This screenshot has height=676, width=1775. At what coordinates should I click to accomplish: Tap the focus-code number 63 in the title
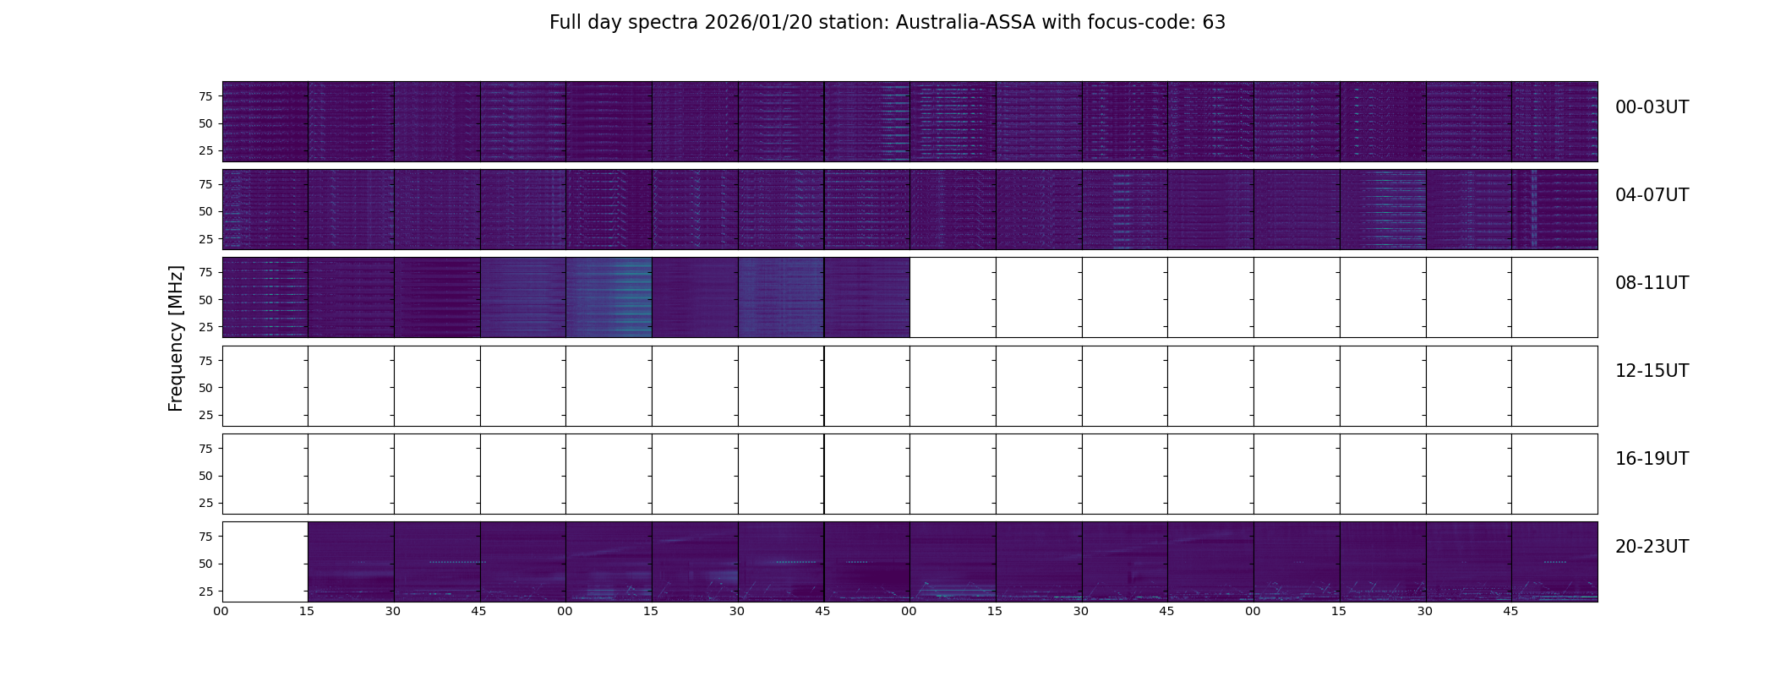(1214, 23)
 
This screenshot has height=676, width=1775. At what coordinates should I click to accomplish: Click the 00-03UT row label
(1652, 107)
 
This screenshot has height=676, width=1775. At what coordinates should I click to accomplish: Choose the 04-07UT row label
(1652, 195)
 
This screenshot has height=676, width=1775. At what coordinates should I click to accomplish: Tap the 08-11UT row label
(1652, 283)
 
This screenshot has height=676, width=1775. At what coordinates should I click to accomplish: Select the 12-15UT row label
(1652, 371)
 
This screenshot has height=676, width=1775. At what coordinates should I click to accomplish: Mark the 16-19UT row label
(1652, 459)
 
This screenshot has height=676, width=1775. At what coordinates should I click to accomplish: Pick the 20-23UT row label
(1652, 547)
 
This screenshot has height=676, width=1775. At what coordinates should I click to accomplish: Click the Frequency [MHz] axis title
(176, 338)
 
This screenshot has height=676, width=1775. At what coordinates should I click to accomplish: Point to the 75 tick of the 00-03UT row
(205, 96)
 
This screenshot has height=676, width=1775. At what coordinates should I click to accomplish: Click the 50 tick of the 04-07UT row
(205, 211)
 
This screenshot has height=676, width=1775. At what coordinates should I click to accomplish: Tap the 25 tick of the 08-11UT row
(205, 326)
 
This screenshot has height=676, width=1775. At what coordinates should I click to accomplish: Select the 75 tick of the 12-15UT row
(205, 360)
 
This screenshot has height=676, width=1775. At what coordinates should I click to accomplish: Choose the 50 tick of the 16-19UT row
(205, 476)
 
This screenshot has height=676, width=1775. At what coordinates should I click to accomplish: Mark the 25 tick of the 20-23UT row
(205, 591)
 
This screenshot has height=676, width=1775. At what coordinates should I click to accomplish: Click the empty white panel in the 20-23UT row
(265, 562)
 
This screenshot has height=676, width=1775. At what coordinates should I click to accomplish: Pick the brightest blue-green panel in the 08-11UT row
(609, 297)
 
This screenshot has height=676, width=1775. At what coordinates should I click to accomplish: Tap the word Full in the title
(565, 23)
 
